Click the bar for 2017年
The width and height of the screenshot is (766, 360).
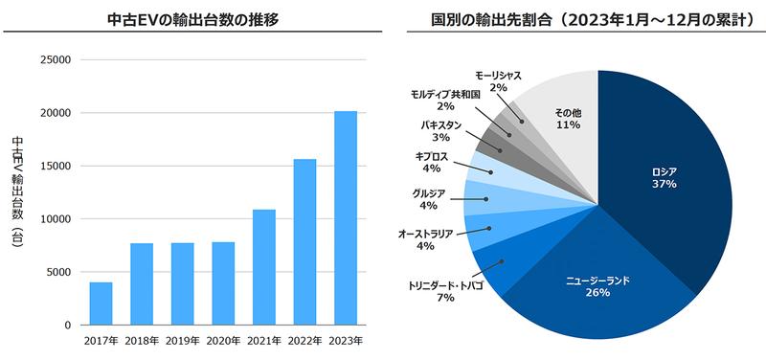coord(101,304)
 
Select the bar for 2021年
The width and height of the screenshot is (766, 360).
coord(264,267)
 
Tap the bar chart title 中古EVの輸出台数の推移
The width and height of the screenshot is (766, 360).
coord(191,18)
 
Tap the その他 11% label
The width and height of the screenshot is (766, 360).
coord(568,119)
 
